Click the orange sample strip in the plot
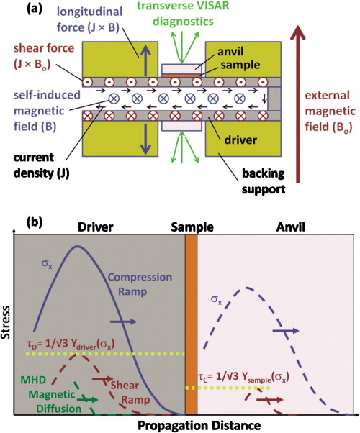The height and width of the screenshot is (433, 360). coord(191,324)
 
